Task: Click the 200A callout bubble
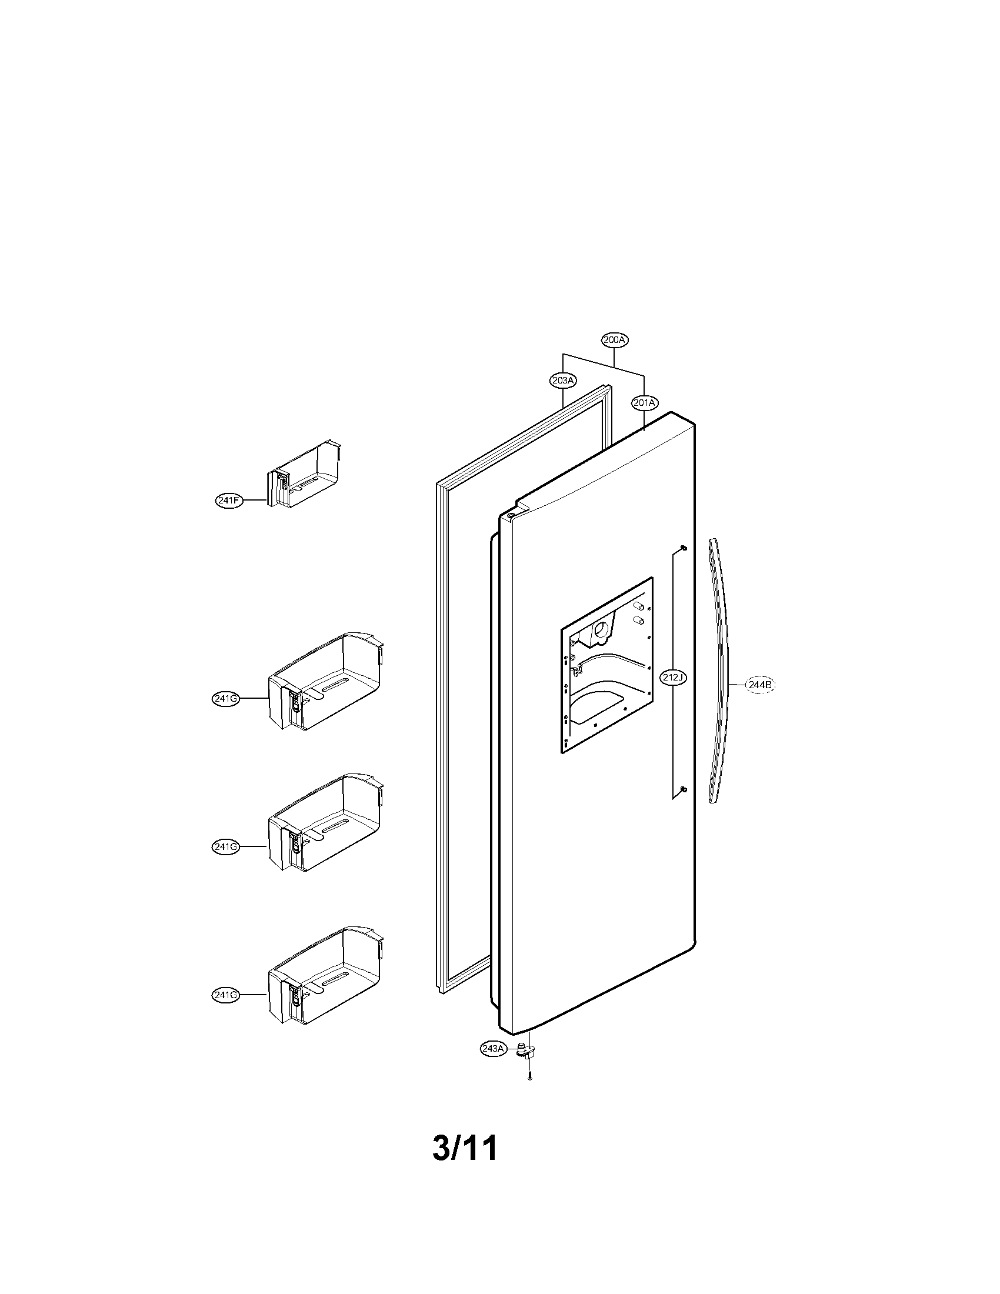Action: point(614,340)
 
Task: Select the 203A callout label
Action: point(563,381)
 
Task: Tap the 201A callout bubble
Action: point(645,403)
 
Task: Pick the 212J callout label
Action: point(673,677)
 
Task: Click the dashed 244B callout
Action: point(759,685)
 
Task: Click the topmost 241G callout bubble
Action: point(225,699)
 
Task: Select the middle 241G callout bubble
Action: point(225,846)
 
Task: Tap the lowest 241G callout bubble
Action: point(225,995)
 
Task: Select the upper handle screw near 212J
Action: point(683,548)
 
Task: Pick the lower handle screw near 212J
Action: point(683,789)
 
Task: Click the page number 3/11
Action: point(465,1148)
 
